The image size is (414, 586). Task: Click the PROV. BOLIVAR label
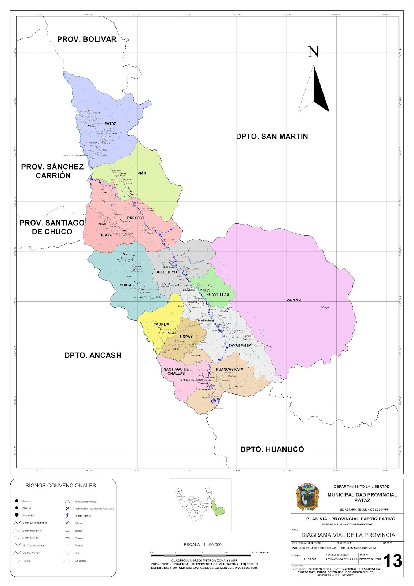86,39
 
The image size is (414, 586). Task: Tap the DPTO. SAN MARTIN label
272,137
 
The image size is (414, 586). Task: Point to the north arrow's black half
320,92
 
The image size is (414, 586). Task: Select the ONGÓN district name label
294,300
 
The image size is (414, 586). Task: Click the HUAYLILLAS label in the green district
217,294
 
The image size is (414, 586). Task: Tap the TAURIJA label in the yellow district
161,324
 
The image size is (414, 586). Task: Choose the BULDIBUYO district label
166,272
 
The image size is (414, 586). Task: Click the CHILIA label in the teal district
125,285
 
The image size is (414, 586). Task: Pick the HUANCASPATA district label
229,369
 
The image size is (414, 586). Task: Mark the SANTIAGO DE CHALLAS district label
176,371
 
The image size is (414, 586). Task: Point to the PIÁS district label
142,173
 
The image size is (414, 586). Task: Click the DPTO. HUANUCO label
272,449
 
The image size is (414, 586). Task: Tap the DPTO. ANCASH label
93,355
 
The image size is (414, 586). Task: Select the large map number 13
392,561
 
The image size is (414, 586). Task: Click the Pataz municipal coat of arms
307,497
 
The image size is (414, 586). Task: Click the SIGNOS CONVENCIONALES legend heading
61,486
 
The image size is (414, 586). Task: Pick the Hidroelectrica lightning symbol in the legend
67,516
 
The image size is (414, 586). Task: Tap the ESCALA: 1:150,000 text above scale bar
203,545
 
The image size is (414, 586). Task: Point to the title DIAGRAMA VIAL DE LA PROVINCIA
348,535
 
